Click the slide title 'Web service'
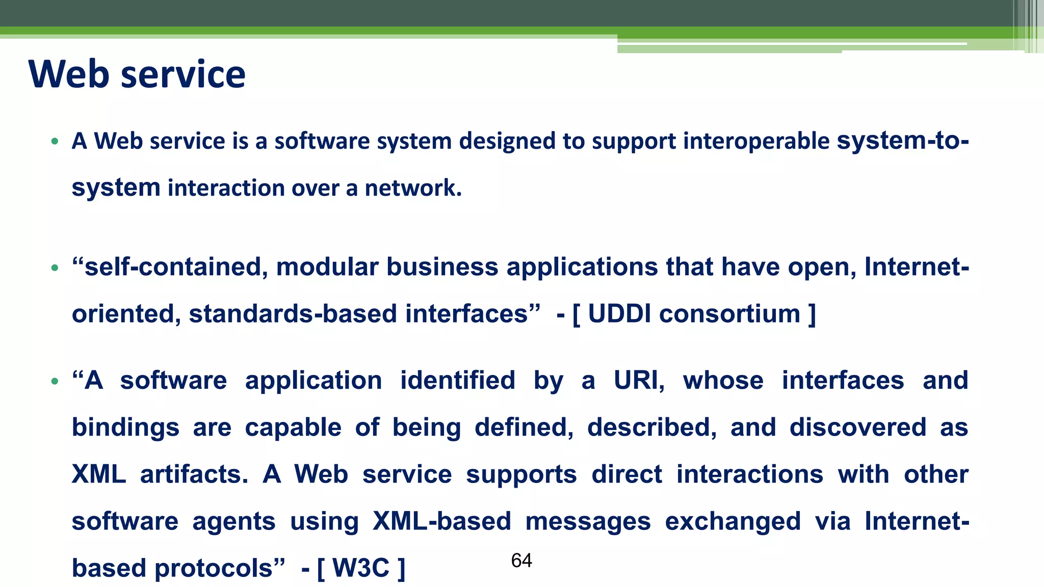click(137, 74)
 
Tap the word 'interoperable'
click(756, 141)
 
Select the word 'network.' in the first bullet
click(413, 188)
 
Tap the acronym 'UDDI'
click(619, 314)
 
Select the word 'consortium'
click(729, 314)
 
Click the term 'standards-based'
click(293, 314)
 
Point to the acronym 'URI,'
click(639, 381)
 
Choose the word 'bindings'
click(125, 428)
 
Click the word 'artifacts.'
click(194, 474)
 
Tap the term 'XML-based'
click(441, 521)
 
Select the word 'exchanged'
click(733, 521)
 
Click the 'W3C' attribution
click(361, 568)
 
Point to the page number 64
click(521, 561)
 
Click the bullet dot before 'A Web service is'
click(55, 142)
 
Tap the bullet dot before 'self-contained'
click(55, 268)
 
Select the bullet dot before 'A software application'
click(55, 381)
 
